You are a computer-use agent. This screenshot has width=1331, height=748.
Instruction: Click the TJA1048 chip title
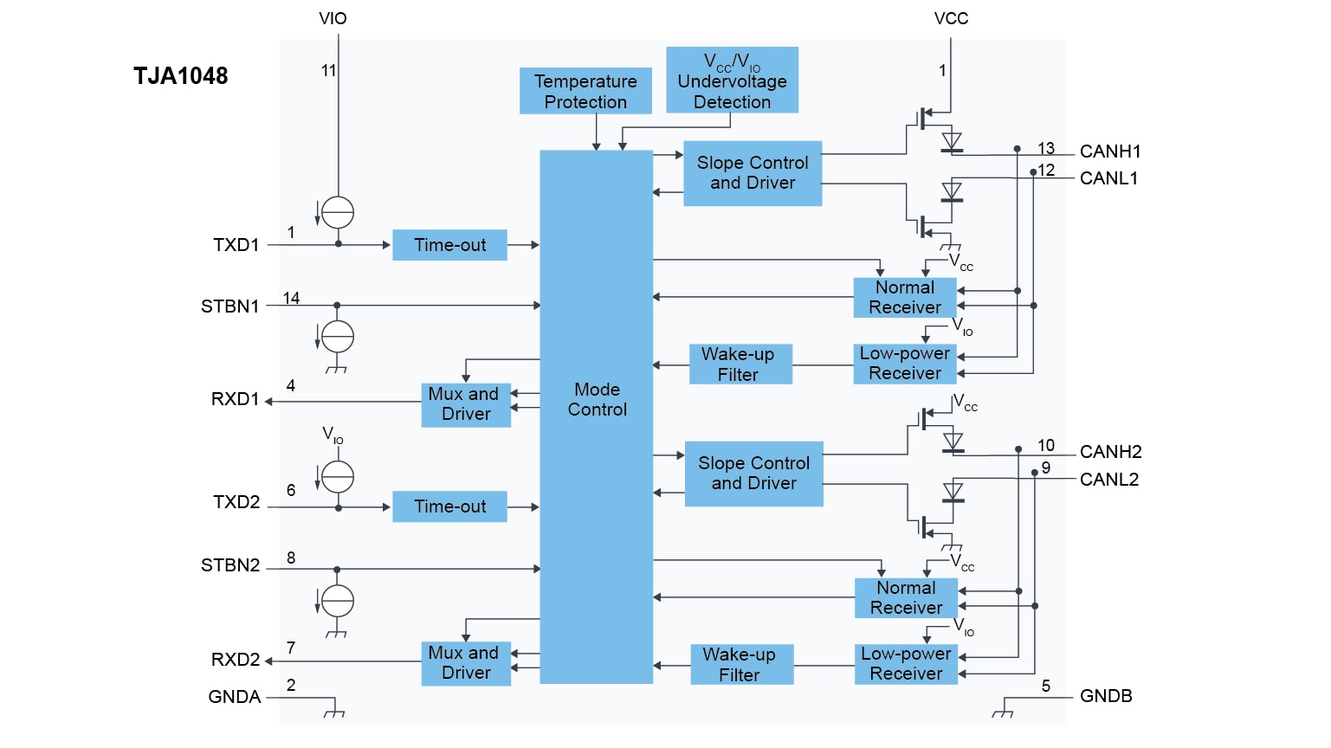click(x=180, y=76)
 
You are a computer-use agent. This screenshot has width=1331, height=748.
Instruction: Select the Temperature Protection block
click(x=585, y=91)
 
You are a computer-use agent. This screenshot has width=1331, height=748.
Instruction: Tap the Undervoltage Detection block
click(x=732, y=81)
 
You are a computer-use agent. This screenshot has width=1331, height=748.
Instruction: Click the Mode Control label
click(x=597, y=399)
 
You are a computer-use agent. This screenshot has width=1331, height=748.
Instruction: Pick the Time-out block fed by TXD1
click(x=449, y=245)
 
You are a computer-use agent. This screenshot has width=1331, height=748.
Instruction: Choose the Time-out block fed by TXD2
click(x=449, y=506)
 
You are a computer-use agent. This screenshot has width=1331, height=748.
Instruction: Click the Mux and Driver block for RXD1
click(x=466, y=404)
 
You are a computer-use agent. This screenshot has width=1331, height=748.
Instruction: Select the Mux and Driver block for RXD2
click(x=466, y=663)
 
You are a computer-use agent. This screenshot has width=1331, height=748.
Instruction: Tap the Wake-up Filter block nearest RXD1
click(x=740, y=364)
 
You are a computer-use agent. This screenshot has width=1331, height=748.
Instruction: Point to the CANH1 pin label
click(x=1110, y=152)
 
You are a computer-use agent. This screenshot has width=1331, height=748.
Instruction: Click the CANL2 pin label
click(x=1108, y=480)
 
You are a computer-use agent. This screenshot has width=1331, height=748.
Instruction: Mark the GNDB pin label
click(x=1106, y=696)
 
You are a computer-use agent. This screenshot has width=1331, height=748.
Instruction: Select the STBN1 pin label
click(x=229, y=306)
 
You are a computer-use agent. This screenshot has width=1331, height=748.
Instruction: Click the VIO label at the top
click(x=333, y=18)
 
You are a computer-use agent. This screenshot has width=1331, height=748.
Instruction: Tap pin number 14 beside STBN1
click(x=291, y=298)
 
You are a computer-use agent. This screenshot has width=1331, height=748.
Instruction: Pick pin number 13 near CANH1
click(x=1046, y=148)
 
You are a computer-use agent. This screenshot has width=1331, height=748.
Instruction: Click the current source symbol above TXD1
click(x=337, y=212)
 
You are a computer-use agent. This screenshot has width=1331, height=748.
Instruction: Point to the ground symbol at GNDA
click(x=333, y=713)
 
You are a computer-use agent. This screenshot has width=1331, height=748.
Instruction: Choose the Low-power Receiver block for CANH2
click(x=906, y=664)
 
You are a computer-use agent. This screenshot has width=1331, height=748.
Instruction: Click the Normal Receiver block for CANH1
click(x=904, y=297)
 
